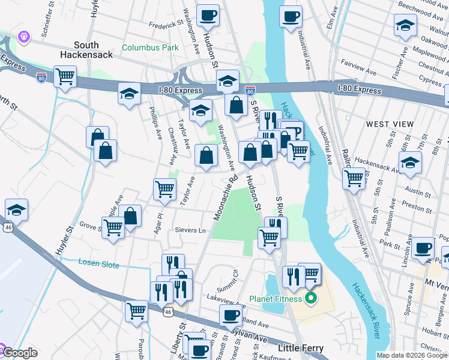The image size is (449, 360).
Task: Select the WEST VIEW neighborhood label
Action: coord(390,124)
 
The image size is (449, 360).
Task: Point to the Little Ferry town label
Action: coord(301,349)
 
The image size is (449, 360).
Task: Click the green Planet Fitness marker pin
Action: coord(310,298)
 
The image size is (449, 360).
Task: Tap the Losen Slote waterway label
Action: coord(99,265)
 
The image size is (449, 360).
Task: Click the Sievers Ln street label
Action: coord(190,230)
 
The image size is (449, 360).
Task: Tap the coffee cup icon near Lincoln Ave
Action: coord(423,247)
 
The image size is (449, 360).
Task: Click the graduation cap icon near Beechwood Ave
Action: coord(406,26)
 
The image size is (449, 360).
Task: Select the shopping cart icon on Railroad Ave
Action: coord(354,178)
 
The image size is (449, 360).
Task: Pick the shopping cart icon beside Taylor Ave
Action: coord(164,189)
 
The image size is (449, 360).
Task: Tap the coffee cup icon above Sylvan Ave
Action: coord(230,314)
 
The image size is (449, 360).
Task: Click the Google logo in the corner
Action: coord(20,353)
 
